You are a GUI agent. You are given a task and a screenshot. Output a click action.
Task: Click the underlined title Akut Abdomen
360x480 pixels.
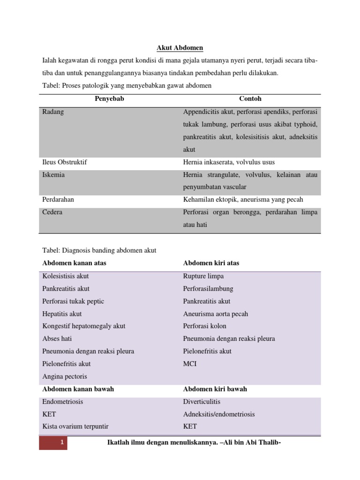[180, 48]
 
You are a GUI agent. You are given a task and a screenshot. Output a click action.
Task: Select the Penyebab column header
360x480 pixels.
[110, 99]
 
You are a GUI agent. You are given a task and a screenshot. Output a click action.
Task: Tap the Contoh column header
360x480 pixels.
[250, 99]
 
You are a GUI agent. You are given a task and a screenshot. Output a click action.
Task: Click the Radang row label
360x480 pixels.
[53, 112]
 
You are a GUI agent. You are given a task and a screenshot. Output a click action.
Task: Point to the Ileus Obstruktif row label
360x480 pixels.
[65, 162]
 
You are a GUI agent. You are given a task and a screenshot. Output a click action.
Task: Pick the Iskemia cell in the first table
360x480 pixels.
[53, 175]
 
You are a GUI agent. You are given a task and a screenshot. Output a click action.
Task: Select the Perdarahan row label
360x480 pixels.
[58, 200]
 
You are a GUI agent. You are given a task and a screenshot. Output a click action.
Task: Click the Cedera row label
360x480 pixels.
[52, 212]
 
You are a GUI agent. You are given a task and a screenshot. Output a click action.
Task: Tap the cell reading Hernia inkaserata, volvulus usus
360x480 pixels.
[229, 162]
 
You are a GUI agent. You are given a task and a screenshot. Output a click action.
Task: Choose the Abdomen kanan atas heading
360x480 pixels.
[74, 263]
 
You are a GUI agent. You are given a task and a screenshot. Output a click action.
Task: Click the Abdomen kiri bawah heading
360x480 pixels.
[215, 389]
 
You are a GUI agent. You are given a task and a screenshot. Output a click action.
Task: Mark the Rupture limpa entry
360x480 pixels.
[203, 276]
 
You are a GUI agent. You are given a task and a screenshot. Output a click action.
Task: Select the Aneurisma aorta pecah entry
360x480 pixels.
[216, 314]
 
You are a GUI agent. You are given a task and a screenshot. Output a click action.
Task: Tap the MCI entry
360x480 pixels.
[190, 364]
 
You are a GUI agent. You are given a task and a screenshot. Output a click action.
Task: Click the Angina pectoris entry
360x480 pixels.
[65, 376]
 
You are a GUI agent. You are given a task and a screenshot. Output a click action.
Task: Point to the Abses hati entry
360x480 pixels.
[57, 338]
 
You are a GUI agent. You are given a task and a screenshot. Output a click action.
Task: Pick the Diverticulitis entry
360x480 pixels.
[202, 402]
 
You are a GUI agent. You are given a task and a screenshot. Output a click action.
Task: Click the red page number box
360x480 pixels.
[53, 443]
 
